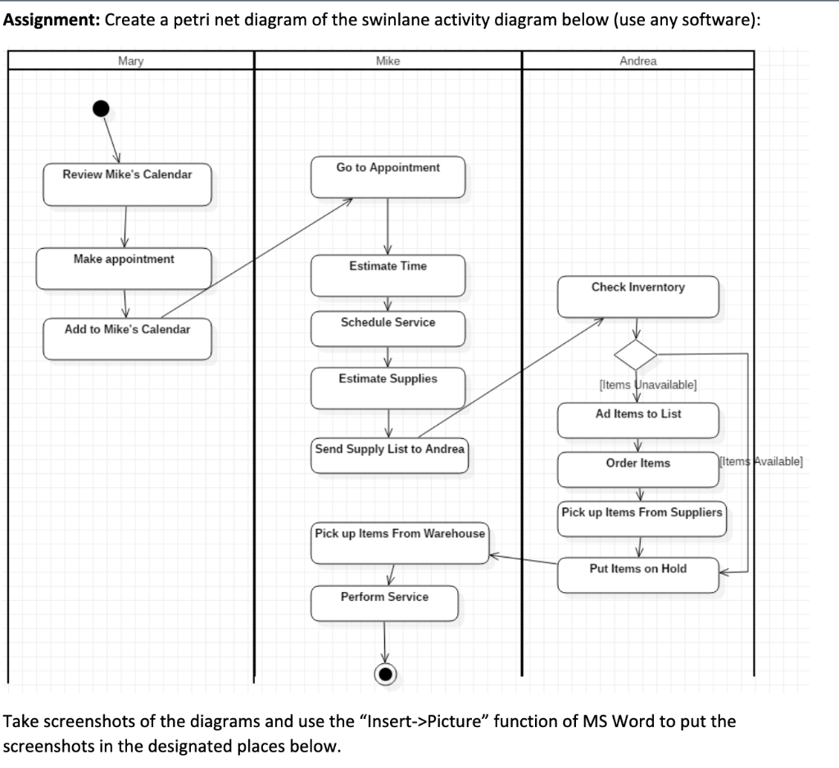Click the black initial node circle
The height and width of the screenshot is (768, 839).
(100, 108)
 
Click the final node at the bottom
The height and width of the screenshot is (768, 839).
(385, 673)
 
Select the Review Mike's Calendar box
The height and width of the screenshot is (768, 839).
(127, 184)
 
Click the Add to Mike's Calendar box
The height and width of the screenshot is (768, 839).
(127, 338)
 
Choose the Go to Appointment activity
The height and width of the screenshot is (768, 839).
(388, 177)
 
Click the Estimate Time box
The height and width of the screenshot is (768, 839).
(388, 275)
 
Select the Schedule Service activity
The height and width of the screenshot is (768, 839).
(388, 328)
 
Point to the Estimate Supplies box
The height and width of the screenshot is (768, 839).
(388, 388)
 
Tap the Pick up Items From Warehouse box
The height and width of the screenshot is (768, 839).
(400, 542)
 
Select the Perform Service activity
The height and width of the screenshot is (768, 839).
(384, 603)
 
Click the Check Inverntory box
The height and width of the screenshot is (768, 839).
(637, 296)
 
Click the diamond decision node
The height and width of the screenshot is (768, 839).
(637, 355)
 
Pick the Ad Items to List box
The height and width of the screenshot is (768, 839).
(637, 420)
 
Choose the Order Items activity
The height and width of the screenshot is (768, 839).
(637, 469)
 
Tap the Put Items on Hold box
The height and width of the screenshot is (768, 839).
(637, 575)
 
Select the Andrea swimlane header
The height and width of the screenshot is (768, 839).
(637, 61)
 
